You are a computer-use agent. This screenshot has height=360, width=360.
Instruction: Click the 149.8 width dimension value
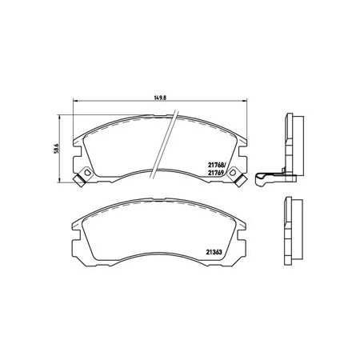point(160,98)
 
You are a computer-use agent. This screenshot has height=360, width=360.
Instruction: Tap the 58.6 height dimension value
point(56,149)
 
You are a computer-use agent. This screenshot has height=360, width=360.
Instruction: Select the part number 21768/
point(217,165)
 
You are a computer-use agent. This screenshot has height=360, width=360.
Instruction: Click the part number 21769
point(216,173)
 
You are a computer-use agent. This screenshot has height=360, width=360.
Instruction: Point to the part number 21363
point(214,251)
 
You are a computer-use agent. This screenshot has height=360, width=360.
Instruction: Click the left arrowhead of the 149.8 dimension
point(75,101)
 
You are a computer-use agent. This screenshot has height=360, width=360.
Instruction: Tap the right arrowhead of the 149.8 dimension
point(245,101)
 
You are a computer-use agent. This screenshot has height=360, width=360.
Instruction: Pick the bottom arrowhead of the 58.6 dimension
point(59,180)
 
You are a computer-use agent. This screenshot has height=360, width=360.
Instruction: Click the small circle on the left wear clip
point(86,172)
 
